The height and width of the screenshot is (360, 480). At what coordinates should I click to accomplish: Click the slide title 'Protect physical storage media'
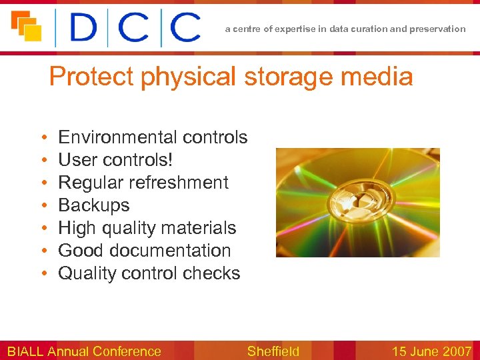pyautogui.click(x=231, y=77)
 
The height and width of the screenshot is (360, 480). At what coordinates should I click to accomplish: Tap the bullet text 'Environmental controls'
pyautogui.click(x=153, y=137)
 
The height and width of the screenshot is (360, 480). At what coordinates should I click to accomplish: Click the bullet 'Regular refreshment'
pyautogui.click(x=143, y=183)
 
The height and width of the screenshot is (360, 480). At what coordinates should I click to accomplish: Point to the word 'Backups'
pyautogui.click(x=94, y=205)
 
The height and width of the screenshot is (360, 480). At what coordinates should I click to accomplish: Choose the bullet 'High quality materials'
pyautogui.click(x=147, y=228)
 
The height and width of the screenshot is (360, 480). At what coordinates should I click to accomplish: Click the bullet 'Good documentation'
pyautogui.click(x=145, y=251)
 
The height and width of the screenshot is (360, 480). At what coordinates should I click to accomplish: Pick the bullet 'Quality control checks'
pyautogui.click(x=149, y=273)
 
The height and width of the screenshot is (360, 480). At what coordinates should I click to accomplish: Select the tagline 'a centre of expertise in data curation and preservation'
pyautogui.click(x=345, y=29)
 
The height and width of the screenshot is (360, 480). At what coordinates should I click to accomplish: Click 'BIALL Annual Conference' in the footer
pyautogui.click(x=84, y=351)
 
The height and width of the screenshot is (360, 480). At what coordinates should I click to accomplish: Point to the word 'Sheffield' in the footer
pyautogui.click(x=273, y=351)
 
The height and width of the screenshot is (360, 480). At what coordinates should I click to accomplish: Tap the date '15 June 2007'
pyautogui.click(x=431, y=351)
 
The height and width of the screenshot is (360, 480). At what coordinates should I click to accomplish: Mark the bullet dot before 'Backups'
pyautogui.click(x=43, y=206)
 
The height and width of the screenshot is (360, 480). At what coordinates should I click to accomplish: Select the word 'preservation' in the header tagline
pyautogui.click(x=439, y=29)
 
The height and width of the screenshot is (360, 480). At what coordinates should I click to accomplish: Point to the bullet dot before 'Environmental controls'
pyautogui.click(x=43, y=138)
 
